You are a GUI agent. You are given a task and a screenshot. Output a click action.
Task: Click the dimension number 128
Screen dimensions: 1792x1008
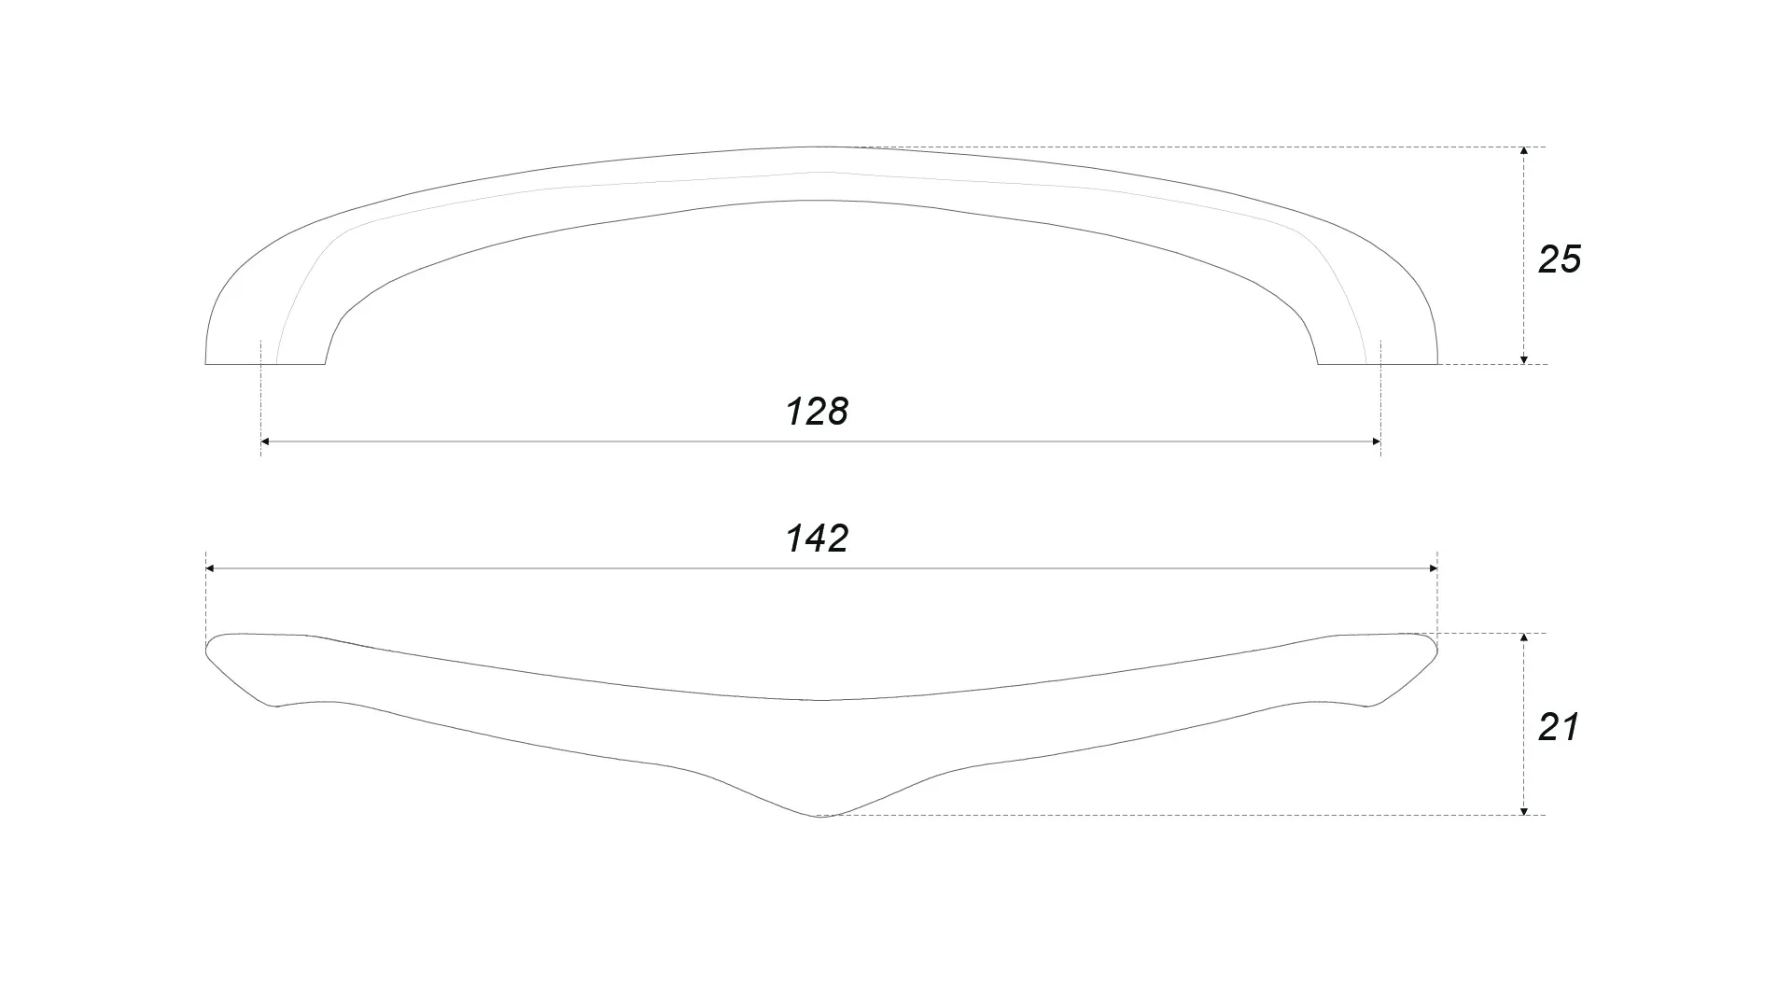tap(817, 412)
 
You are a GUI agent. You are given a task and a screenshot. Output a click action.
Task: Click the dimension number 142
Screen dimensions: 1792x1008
tap(817, 539)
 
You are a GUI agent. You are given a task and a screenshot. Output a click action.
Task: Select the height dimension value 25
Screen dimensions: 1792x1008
tap(1560, 259)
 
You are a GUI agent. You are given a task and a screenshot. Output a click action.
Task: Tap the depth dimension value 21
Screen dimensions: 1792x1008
tap(1559, 727)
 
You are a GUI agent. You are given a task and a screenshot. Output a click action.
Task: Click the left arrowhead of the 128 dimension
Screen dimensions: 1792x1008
tap(265, 441)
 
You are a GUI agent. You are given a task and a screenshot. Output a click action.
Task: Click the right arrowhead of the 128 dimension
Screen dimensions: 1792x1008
tap(1376, 441)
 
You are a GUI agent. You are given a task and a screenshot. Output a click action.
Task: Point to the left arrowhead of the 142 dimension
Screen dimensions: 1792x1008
tap(210, 568)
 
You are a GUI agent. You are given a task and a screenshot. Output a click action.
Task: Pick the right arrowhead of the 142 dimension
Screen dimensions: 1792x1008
tap(1432, 568)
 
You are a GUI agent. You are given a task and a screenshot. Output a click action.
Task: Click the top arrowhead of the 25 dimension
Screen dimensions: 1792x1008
tap(1524, 151)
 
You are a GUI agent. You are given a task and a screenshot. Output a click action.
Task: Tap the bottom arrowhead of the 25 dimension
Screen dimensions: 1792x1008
tap(1524, 359)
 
